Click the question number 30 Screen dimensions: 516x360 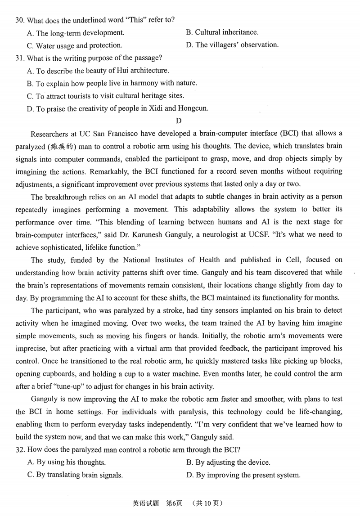pyautogui.click(x=19, y=20)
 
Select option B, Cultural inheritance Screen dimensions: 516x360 pyautogui.click(x=222, y=32)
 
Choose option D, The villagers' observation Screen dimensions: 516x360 pyautogui.click(x=232, y=45)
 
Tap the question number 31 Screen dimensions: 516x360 pyautogui.click(x=19, y=58)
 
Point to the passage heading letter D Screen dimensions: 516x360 pyautogui.click(x=179, y=121)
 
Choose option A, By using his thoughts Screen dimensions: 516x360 pyautogui.click(x=66, y=462)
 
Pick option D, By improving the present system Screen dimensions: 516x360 pyautogui.click(x=243, y=475)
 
